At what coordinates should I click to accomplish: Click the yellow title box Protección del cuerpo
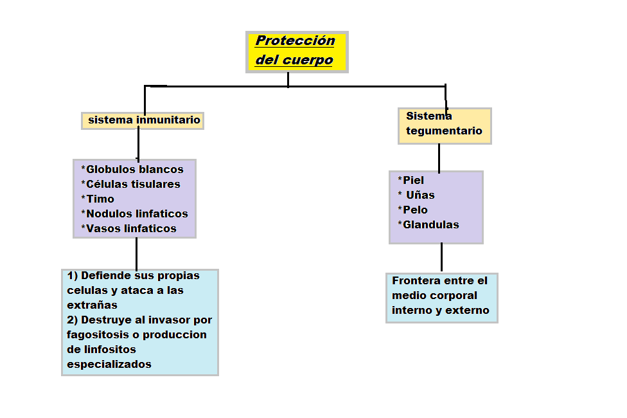pos(297,51)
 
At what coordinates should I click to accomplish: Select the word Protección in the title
pos(295,41)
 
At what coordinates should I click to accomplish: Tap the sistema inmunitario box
pos(143,120)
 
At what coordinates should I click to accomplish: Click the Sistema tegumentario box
pos(445,125)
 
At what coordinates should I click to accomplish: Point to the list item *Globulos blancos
pos(132,170)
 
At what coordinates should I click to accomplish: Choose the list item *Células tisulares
pos(130,185)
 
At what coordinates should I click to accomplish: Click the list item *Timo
pos(98,199)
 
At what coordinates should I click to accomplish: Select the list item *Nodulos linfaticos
pos(134,214)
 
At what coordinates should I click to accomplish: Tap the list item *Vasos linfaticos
pos(128,229)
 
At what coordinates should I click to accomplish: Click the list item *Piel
pos(411,181)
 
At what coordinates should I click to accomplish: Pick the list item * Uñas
pos(416,195)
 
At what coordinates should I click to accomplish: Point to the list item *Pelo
pos(412,210)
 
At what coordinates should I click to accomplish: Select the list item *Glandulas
pos(428,225)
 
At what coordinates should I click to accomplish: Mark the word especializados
pos(109,365)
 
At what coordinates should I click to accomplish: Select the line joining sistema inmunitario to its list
pos(138,144)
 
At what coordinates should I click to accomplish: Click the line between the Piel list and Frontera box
pos(441,257)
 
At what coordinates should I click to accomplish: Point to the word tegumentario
pos(444,131)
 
